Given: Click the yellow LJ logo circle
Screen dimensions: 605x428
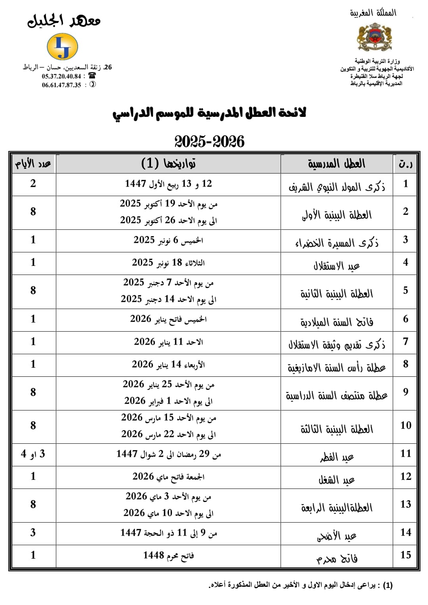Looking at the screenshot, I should point(62,46).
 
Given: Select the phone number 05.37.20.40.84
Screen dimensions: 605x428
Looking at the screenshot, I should point(61,76).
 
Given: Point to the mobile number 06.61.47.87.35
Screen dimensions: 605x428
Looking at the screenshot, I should point(61,85).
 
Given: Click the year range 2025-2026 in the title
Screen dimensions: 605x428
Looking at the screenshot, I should point(209,141).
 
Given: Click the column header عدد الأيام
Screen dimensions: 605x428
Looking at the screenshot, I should point(33,163).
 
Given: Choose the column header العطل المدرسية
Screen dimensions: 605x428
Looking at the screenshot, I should point(336,163).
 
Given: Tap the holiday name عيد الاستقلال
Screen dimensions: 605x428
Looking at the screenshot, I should point(336,265).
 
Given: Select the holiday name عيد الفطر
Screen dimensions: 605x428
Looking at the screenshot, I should point(336,457).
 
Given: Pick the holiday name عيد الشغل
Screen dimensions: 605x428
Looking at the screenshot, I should point(336,480).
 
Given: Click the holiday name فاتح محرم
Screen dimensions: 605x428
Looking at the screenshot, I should point(336,558).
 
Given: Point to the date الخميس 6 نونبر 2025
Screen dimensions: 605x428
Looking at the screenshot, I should point(168,240).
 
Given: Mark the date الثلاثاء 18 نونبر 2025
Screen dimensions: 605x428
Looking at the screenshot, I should point(168,263).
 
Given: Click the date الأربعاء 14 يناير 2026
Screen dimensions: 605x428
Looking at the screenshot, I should point(168,365).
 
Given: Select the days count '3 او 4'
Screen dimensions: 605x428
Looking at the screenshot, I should point(33,454).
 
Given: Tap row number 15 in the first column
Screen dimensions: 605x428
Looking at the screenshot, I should point(405,555).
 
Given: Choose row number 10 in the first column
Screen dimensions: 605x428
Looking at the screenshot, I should point(405,426).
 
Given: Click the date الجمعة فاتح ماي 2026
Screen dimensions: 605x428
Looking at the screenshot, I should point(168,477).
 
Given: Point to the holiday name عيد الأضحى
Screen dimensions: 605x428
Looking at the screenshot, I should point(336,536).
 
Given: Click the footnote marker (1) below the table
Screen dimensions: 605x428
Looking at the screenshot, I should point(387,585).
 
